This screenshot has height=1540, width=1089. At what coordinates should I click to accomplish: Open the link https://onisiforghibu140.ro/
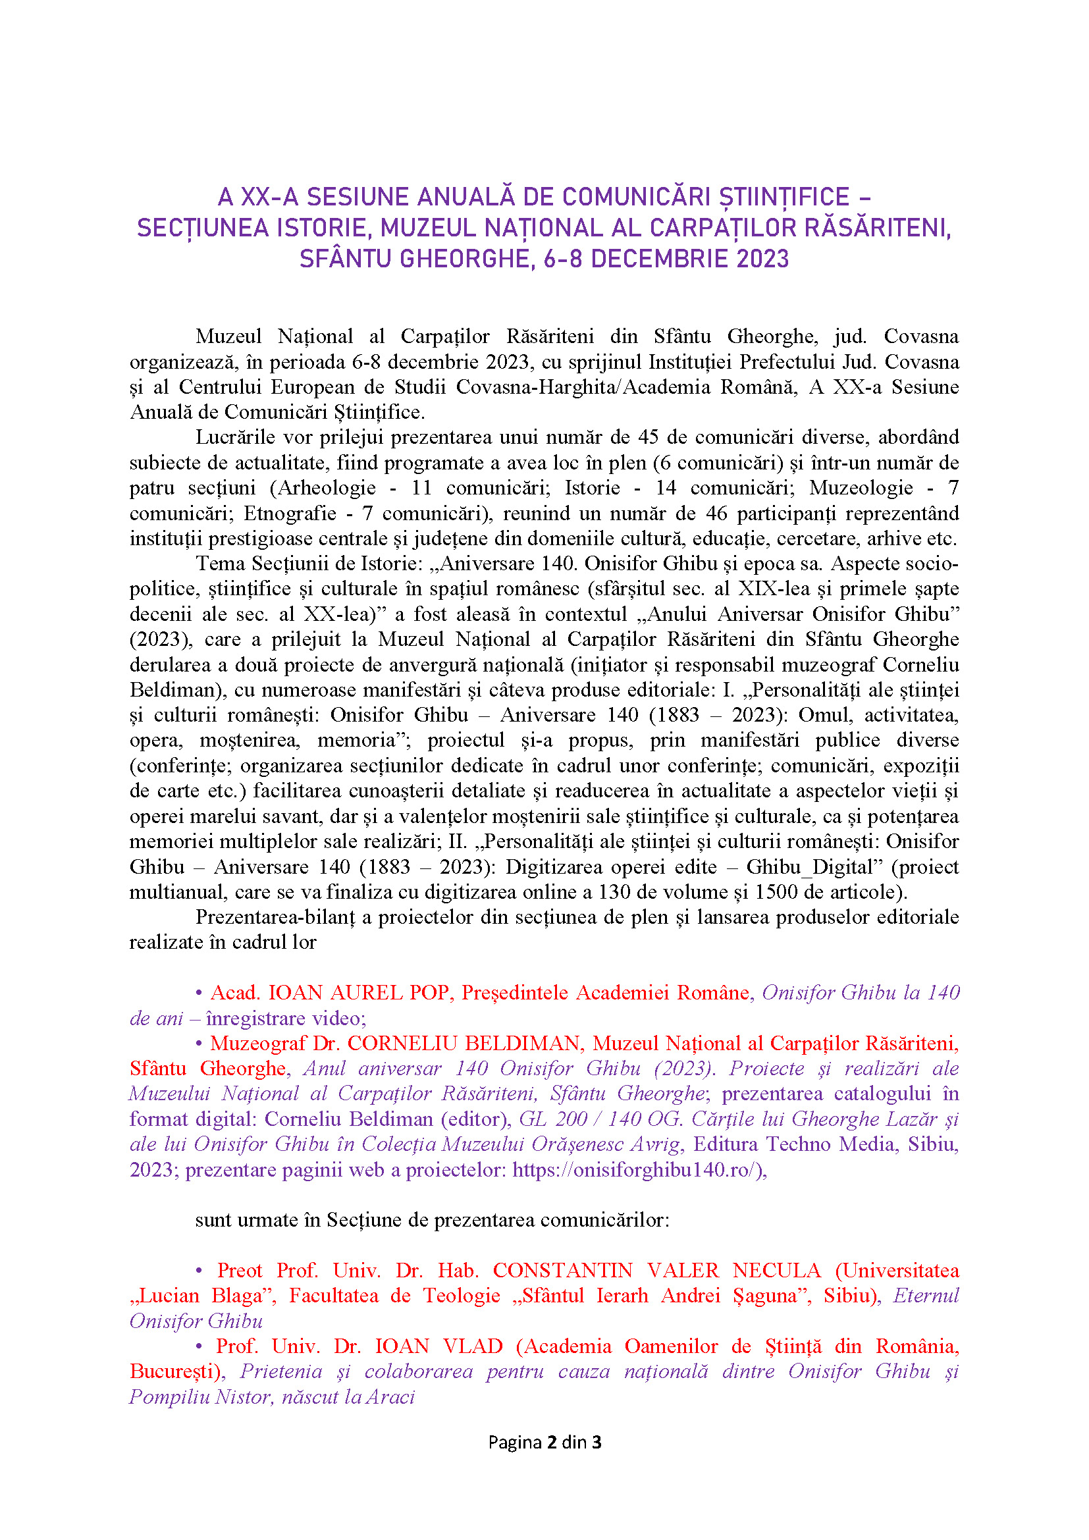(x=638, y=1170)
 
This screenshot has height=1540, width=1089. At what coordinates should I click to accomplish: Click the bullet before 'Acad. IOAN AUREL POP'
(x=198, y=993)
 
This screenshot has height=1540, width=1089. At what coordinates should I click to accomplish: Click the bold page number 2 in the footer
(x=552, y=1443)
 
